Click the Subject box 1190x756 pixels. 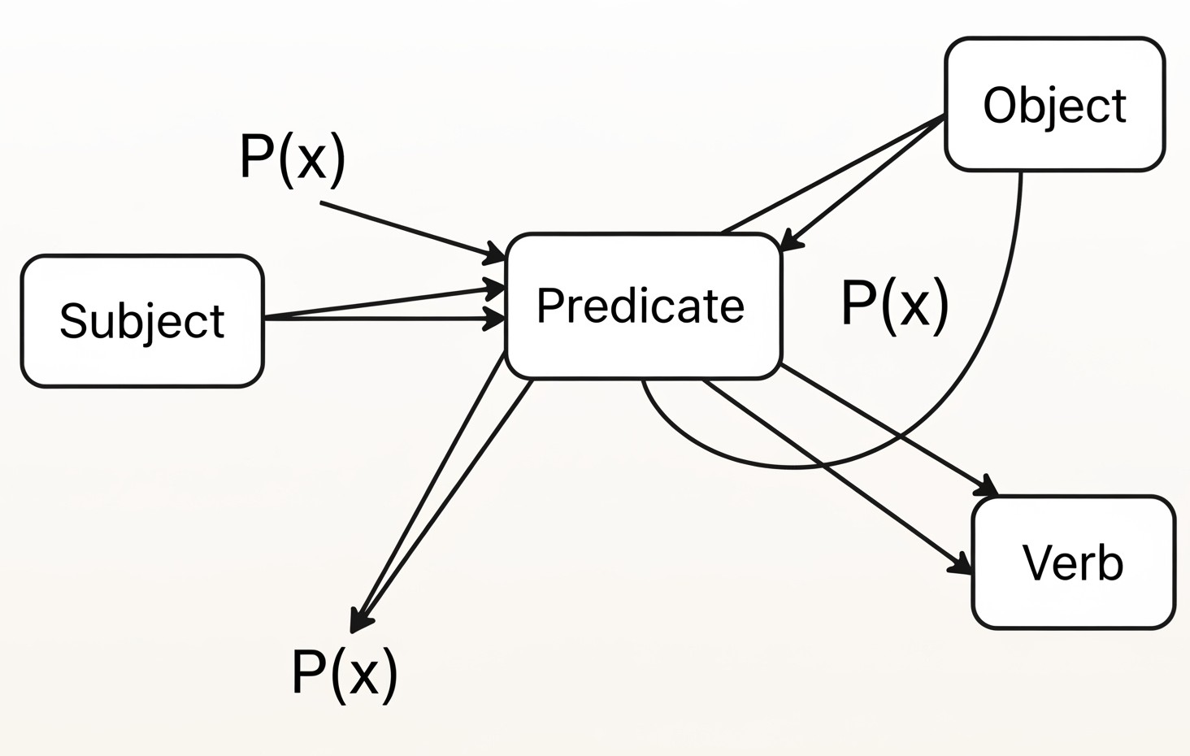click(142, 321)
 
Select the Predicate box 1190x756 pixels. click(643, 306)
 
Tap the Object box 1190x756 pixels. click(1054, 104)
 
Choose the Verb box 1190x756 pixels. click(1073, 563)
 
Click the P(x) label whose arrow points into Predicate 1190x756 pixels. click(293, 159)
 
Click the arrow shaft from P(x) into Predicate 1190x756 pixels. click(412, 231)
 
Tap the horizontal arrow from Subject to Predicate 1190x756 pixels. click(384, 319)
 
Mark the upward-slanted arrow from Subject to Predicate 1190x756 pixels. click(384, 303)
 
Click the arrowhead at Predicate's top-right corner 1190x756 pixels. click(790, 240)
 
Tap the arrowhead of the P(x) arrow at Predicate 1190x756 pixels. click(494, 254)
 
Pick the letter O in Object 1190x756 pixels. click(1001, 105)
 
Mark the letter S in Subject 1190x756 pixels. click(73, 320)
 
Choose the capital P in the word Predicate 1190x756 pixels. click(549, 305)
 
